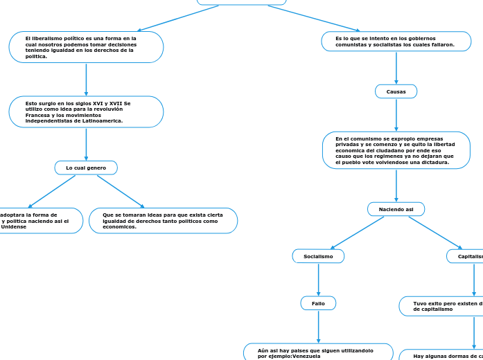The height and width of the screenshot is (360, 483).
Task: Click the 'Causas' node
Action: pyautogui.click(x=396, y=91)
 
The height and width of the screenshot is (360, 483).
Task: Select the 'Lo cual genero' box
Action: pyautogui.click(x=86, y=168)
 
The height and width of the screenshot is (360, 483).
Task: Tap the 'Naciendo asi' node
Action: pyautogui.click(x=396, y=209)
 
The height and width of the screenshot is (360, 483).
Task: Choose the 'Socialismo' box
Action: pyautogui.click(x=318, y=256)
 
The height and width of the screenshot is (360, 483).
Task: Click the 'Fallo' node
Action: pyautogui.click(x=318, y=303)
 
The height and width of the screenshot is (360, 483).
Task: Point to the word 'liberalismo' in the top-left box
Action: pyautogui.click(x=50, y=38)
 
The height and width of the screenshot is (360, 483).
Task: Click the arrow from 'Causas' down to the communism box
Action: pyautogui.click(x=396, y=115)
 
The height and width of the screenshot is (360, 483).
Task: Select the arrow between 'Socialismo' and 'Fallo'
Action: pyautogui.click(x=318, y=280)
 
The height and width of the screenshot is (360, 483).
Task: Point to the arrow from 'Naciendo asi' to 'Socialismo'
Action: pyautogui.click(x=357, y=233)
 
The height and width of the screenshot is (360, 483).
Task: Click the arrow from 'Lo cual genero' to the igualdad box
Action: pyautogui.click(x=121, y=191)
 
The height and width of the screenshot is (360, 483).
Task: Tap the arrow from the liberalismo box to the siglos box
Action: pyautogui.click(x=86, y=80)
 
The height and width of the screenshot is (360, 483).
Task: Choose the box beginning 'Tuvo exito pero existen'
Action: pyautogui.click(x=441, y=306)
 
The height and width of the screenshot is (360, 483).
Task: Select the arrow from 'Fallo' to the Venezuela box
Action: pyautogui.click(x=318, y=327)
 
